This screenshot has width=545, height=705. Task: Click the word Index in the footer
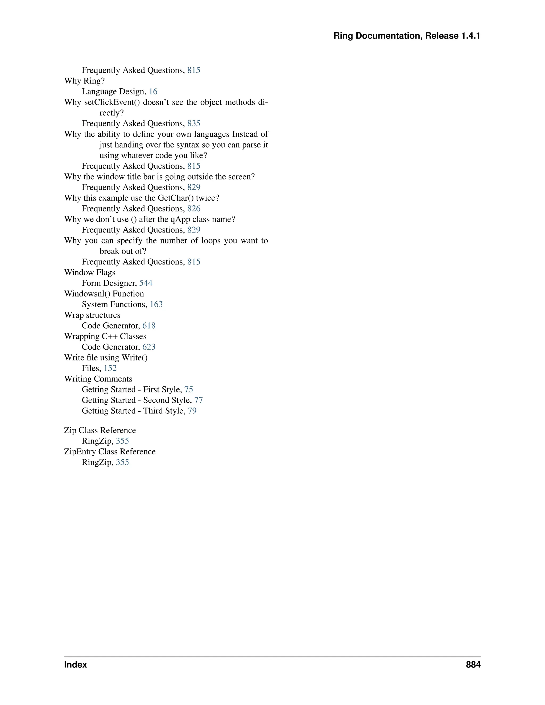(x=76, y=665)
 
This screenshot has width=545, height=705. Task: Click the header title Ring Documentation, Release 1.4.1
(x=407, y=36)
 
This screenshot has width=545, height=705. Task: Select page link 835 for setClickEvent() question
(x=194, y=123)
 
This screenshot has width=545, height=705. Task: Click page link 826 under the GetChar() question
(x=194, y=209)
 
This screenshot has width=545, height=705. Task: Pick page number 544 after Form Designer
(x=146, y=283)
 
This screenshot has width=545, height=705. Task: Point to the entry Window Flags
(x=90, y=272)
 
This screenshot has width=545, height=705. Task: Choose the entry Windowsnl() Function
(x=104, y=294)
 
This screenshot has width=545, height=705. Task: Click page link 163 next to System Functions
(x=156, y=304)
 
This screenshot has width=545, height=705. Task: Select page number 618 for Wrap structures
(x=149, y=326)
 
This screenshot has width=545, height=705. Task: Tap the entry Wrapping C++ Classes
(x=105, y=336)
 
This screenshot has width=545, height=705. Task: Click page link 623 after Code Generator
(x=149, y=347)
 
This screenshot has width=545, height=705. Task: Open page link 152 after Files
(x=110, y=368)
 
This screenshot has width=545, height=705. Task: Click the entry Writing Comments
(x=98, y=379)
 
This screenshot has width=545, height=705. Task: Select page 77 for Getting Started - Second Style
(x=199, y=400)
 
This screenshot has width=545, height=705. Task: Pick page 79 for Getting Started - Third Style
(x=192, y=411)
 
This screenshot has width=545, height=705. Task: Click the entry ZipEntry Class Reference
(x=110, y=452)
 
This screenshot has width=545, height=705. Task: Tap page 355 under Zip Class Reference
(x=122, y=441)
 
